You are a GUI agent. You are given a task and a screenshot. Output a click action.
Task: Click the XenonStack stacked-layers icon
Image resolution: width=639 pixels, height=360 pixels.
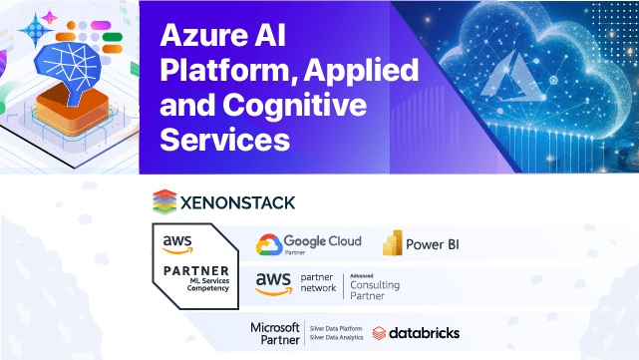pos(163,201)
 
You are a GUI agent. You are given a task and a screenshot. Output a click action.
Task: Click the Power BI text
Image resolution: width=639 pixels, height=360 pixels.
pos(436,244)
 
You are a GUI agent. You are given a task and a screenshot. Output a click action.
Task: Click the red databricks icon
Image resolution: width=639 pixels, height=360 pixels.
pos(380,333)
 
